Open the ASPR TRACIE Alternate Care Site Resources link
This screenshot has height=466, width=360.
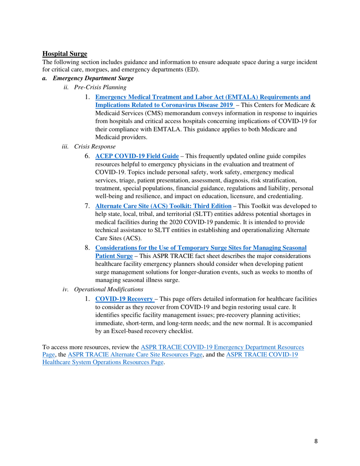coord(136,354)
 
